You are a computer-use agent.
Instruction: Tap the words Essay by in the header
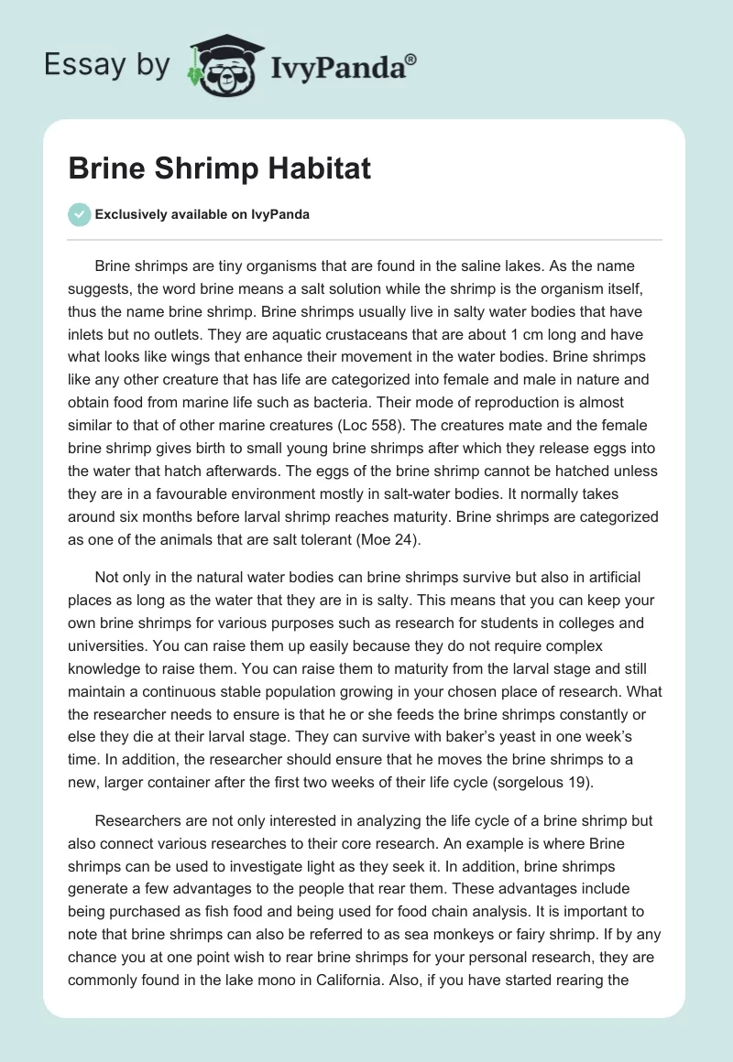point(107,65)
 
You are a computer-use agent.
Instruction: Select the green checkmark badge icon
point(79,214)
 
